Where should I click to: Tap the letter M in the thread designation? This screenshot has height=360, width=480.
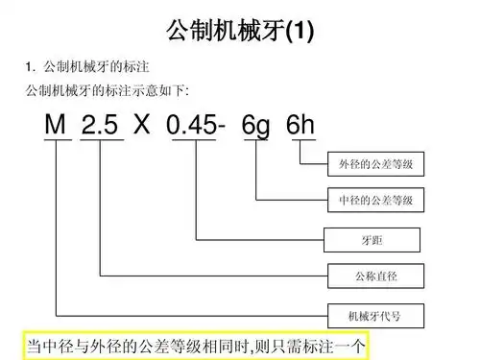click(x=57, y=126)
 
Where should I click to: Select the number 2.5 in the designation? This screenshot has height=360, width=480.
click(x=101, y=126)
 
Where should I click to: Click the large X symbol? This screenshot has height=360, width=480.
click(x=143, y=126)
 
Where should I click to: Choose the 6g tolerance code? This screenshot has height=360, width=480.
click(x=256, y=126)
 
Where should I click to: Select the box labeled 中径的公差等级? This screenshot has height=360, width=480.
click(x=375, y=201)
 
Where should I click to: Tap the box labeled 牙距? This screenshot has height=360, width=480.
click(x=375, y=238)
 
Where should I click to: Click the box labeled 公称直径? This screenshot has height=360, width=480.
click(x=375, y=276)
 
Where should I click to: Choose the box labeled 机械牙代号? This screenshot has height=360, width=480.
click(x=375, y=315)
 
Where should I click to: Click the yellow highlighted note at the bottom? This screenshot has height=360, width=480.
click(x=196, y=345)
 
